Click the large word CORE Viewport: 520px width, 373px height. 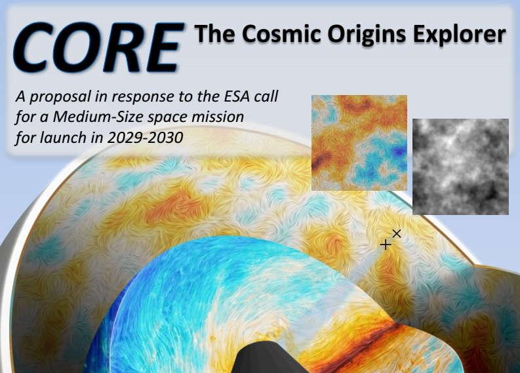(x=98, y=47)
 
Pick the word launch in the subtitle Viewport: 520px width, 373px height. (x=63, y=138)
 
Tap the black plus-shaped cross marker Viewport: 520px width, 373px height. (x=386, y=245)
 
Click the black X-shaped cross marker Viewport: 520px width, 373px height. (x=397, y=233)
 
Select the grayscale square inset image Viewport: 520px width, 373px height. (x=460, y=167)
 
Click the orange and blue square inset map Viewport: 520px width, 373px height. (x=359, y=142)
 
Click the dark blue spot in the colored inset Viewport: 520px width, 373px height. (x=399, y=151)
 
